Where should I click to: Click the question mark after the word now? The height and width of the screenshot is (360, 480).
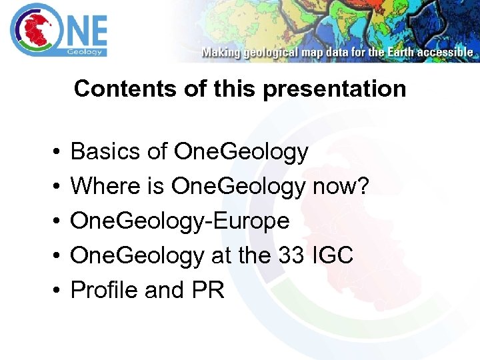(362, 186)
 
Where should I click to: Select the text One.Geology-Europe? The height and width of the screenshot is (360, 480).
(180, 221)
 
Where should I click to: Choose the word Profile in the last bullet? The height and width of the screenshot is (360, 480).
(104, 290)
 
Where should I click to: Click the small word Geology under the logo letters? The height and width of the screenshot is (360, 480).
(85, 51)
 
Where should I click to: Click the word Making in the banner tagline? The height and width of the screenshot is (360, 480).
(221, 52)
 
